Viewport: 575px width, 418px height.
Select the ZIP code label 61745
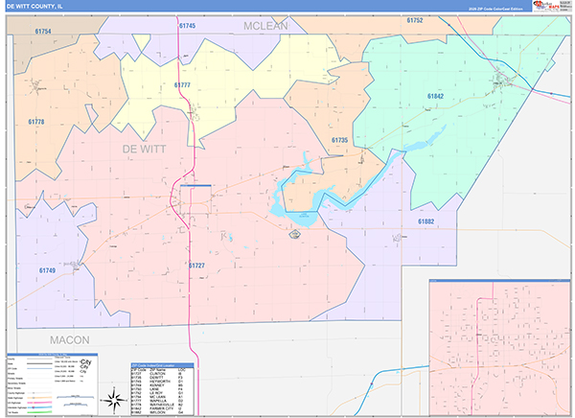tap(186, 26)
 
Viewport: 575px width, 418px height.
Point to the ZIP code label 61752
tap(415, 20)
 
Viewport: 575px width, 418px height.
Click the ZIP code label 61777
tap(182, 85)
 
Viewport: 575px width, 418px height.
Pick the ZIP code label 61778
tap(36, 122)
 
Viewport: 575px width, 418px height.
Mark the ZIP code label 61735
tap(339, 141)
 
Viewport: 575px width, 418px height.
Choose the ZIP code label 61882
tap(425, 221)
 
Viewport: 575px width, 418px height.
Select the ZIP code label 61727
tap(195, 265)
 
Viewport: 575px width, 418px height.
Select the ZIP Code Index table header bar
tap(162, 364)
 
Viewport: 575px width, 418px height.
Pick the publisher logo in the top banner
tap(551, 7)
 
